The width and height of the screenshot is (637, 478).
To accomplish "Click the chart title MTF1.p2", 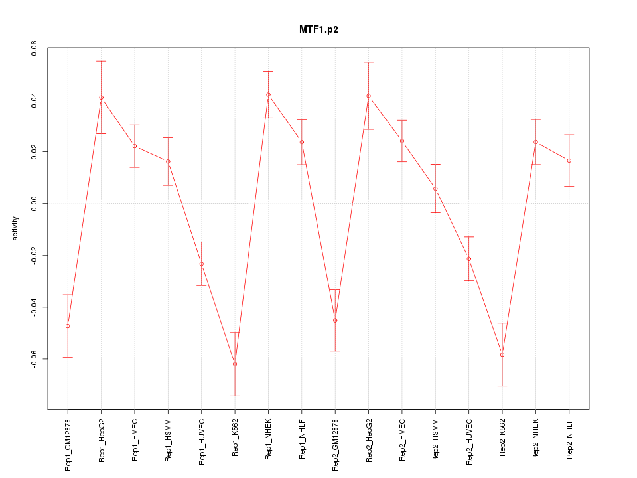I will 318,30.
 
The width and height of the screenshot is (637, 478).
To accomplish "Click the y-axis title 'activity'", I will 16,229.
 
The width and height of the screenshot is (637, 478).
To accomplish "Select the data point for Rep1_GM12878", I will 68,326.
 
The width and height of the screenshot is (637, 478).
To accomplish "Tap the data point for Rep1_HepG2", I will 101,98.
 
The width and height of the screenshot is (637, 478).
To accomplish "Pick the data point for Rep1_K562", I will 235,364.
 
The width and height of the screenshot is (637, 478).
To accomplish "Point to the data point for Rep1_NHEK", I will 268,94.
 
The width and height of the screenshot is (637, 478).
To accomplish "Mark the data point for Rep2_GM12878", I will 335,320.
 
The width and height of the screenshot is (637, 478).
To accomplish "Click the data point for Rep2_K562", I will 502,355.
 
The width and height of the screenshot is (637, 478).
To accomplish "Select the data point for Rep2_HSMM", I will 435,189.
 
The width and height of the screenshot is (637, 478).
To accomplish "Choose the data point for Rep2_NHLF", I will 569,161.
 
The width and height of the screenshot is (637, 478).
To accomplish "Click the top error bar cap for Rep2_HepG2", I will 368,62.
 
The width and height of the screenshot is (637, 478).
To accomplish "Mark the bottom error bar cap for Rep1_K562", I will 235,396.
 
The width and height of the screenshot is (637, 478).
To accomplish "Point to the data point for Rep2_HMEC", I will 402,141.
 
